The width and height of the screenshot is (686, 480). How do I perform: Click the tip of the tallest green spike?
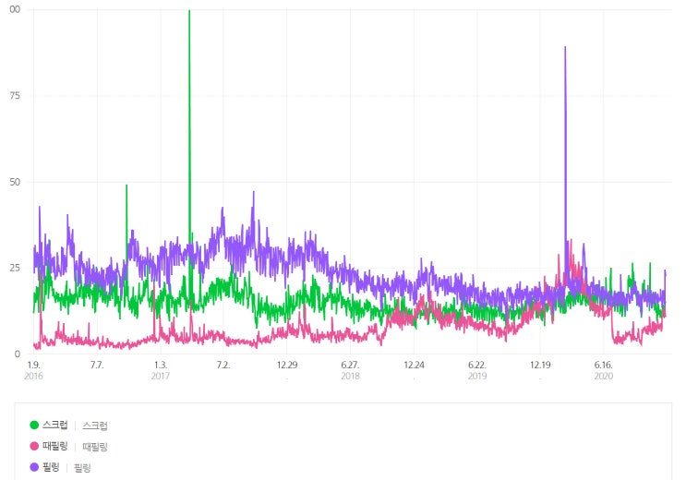tap(189, 11)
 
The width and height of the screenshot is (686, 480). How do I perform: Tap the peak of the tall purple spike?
tap(565, 47)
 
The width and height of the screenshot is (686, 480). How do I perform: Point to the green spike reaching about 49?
tap(126, 186)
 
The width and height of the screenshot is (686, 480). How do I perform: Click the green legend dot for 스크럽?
tap(35, 426)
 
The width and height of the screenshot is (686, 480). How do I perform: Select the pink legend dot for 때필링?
tap(35, 447)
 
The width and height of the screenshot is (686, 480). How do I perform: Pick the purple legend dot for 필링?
tap(35, 468)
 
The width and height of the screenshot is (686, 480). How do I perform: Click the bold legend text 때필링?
tap(54, 447)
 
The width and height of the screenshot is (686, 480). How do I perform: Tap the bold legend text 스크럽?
tap(54, 426)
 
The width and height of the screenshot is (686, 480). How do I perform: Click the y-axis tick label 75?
tap(15, 95)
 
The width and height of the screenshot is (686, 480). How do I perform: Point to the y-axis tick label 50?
tap(15, 182)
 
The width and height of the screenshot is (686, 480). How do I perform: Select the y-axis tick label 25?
tap(15, 268)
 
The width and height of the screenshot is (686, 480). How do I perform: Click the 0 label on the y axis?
tap(18, 354)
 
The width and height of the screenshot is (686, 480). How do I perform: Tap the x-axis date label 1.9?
tap(33, 366)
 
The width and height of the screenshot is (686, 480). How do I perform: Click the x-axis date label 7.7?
tap(96, 366)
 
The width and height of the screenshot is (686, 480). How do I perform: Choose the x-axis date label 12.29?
tap(286, 366)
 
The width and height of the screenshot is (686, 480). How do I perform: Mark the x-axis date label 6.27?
tap(350, 366)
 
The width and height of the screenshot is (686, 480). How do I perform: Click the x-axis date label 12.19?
tap(540, 366)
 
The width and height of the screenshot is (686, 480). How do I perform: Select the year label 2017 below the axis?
tap(160, 377)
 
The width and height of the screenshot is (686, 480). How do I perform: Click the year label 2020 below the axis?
tap(603, 377)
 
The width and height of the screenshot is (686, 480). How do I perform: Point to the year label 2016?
tap(33, 377)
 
